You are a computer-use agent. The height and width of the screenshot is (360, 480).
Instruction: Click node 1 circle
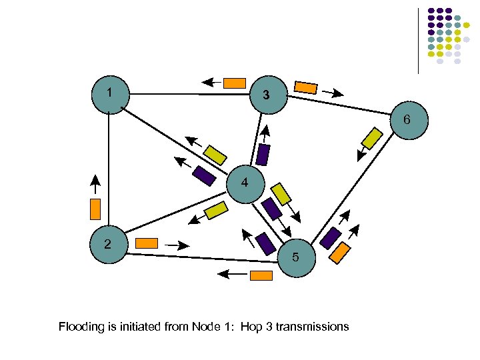[x=109, y=95]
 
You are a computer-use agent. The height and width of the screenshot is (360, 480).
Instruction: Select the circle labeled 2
[x=109, y=245]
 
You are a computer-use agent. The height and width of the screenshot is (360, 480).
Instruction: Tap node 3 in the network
[x=267, y=95]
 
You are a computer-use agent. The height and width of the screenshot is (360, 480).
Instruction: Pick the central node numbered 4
[x=246, y=183]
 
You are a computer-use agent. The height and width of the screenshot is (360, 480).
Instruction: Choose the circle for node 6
[x=407, y=121]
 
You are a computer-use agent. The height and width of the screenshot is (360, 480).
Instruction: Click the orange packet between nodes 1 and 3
[x=234, y=83]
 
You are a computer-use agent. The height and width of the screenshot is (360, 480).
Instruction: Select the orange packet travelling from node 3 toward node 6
[x=306, y=87]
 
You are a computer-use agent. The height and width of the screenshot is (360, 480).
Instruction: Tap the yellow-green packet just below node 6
[x=371, y=138]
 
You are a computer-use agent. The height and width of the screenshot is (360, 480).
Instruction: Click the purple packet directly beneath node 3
[x=263, y=155]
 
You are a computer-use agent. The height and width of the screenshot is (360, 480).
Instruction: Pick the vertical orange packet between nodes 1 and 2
[x=95, y=209]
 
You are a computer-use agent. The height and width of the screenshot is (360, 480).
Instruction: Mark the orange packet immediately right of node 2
[x=146, y=243]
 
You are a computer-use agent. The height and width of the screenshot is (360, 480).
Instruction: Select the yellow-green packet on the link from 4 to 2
[x=216, y=211]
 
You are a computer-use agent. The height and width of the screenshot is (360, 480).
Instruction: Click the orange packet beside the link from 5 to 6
[x=341, y=252]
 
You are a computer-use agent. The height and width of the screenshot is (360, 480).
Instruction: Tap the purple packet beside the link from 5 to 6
[x=330, y=238]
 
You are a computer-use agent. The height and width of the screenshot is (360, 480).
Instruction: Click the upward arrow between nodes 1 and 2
[x=95, y=183]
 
